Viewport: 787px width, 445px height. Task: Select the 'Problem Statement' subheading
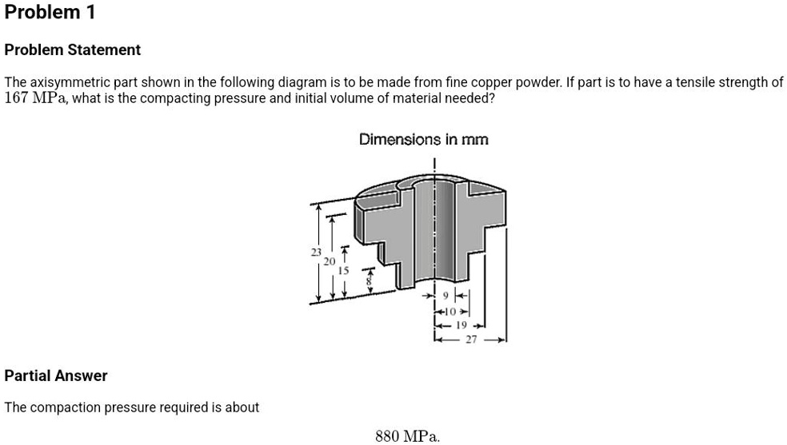(73, 50)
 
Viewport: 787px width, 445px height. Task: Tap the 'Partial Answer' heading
(56, 375)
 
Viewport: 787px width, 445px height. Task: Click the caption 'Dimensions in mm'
(424, 140)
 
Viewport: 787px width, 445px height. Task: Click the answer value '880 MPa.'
(407, 435)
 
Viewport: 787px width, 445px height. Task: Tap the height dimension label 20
(330, 260)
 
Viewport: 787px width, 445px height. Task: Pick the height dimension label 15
(344, 270)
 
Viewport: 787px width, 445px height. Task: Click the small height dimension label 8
(369, 280)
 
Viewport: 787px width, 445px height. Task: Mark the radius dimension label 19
(461, 326)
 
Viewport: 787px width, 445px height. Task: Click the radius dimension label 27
(471, 339)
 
